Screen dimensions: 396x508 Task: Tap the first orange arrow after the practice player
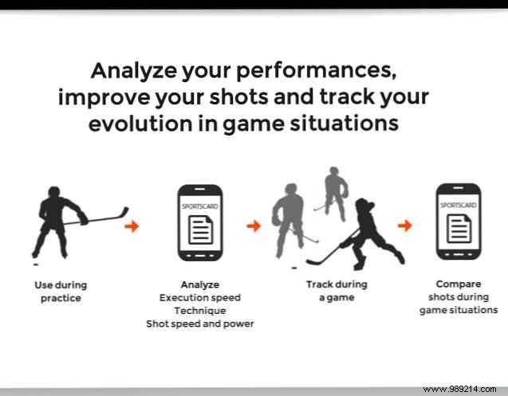click(132, 226)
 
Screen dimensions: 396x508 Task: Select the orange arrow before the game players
click(254, 226)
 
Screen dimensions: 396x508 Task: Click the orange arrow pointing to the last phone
click(405, 225)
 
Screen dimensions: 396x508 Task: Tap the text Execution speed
click(199, 297)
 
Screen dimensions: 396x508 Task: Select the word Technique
click(199, 310)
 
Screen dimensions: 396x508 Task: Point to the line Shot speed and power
click(199, 323)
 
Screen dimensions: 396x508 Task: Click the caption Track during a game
click(337, 291)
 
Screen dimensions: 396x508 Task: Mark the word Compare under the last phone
click(458, 283)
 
